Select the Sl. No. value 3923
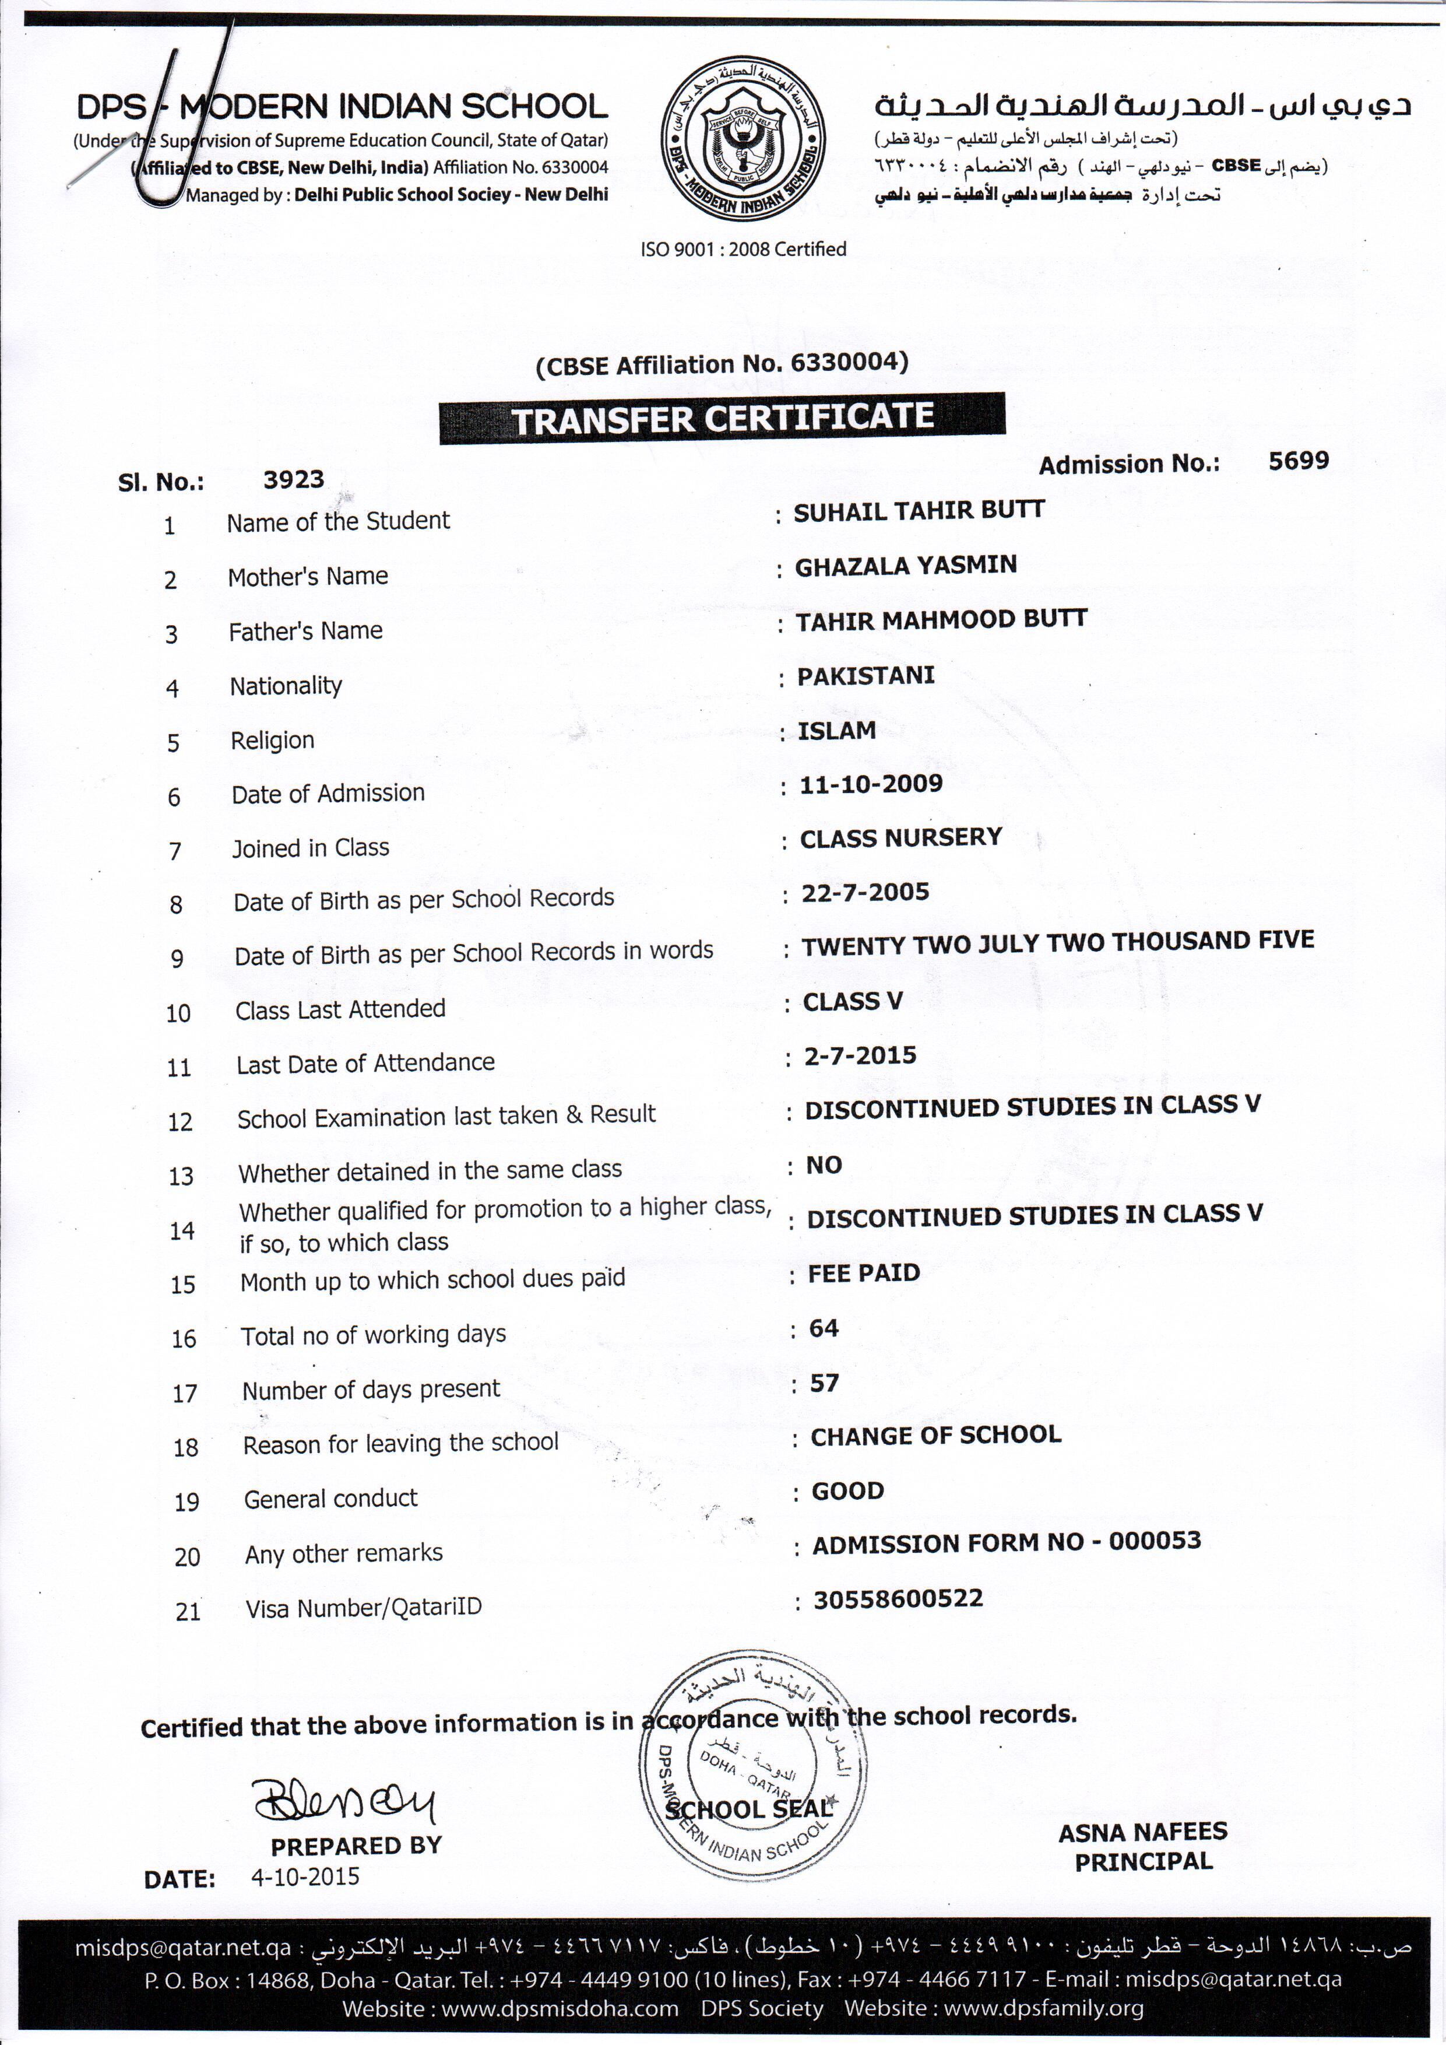point(293,480)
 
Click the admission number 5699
point(1298,461)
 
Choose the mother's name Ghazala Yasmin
point(906,566)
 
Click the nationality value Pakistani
point(866,675)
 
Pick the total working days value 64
point(824,1328)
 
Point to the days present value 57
point(825,1383)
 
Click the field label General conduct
point(330,1498)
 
